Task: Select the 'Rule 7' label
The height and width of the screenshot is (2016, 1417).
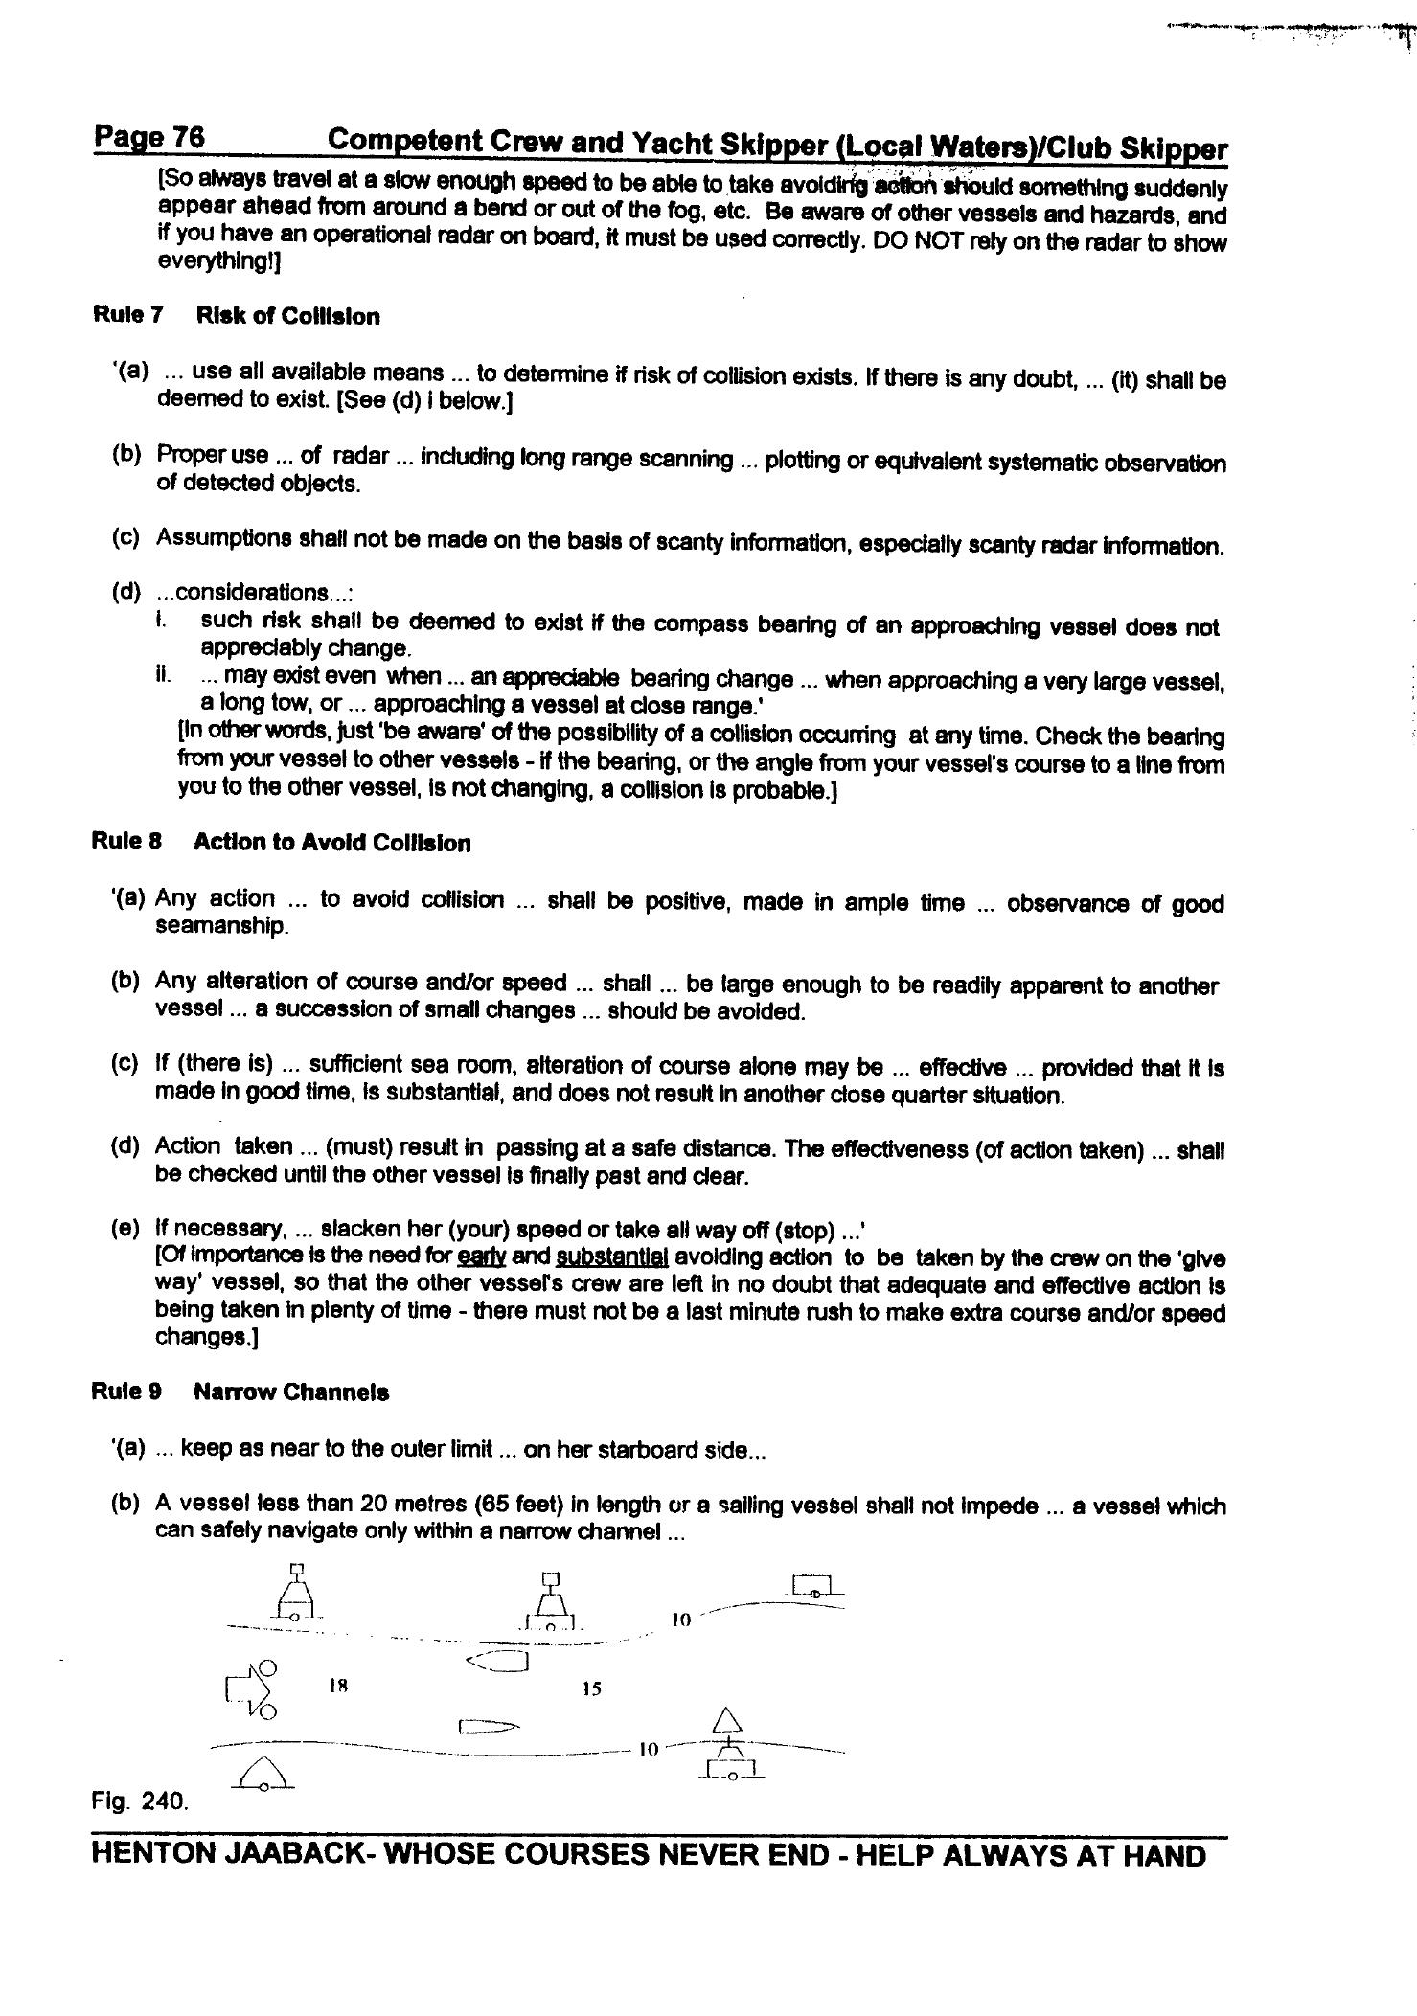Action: pos(127,315)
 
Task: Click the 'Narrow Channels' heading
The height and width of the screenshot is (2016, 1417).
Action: pos(291,1393)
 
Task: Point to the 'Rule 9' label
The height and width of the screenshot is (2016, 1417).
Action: pos(126,1392)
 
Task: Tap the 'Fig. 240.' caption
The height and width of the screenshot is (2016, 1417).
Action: pos(140,1801)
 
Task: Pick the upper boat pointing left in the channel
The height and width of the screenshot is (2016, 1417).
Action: pos(497,1662)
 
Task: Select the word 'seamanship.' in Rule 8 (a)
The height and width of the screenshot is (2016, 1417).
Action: pos(221,926)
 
